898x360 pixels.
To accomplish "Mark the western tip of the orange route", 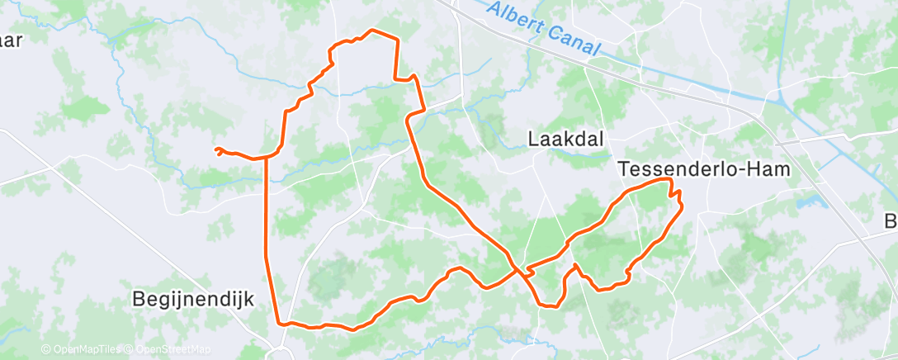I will [x=215, y=149].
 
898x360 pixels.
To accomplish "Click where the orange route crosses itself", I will [x=519, y=269].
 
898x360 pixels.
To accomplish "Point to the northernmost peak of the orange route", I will [x=373, y=30].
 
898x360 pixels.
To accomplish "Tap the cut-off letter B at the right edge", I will [x=891, y=221].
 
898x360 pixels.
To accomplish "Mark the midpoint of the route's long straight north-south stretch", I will [x=266, y=239].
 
